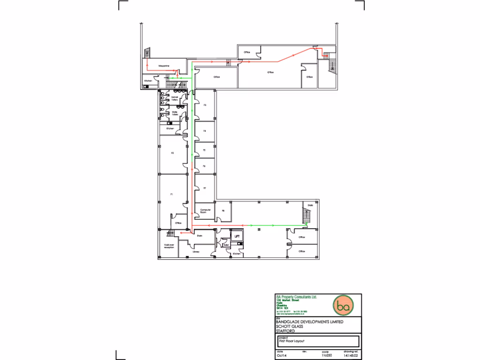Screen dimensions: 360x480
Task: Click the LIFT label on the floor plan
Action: pos(237,237)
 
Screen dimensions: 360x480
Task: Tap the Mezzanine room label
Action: pos(164,66)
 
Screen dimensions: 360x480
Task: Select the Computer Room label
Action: pos(205,211)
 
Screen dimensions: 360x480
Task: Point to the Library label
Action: pos(196,252)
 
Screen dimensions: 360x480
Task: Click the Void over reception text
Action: pos(169,246)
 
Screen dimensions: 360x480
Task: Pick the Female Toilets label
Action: pos(174,99)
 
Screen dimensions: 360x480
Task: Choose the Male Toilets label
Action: pos(174,113)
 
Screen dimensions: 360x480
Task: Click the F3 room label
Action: pos(205,105)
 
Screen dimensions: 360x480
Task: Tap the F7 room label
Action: pos(205,188)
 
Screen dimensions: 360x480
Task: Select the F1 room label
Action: pos(172,194)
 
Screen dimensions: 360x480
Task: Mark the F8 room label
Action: pos(223,211)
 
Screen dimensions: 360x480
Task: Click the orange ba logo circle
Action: pos(343,306)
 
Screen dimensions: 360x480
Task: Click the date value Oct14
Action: pos(281,356)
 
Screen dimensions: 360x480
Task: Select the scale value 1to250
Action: pos(326,356)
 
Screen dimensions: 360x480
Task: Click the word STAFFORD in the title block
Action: pos(285,330)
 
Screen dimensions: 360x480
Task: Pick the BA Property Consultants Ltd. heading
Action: pos(297,297)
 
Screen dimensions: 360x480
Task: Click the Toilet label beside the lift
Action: pos(225,245)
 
